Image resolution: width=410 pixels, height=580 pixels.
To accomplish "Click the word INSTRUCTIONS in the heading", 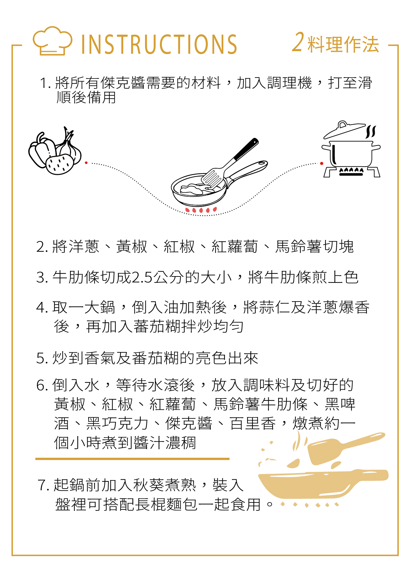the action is (159, 44).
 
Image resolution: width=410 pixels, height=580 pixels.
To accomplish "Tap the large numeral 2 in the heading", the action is (298, 42).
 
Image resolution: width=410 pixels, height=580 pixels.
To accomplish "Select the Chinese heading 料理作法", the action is (343, 44).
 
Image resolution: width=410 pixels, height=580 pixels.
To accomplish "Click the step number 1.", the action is (44, 83).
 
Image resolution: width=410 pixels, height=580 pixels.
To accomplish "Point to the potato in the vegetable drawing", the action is (60, 164).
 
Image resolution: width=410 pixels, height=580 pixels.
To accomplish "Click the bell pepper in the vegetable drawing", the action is (41, 150).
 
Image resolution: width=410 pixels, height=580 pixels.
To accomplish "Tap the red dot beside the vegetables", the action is (86, 163).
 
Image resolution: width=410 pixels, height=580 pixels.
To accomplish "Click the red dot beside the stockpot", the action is (321, 163).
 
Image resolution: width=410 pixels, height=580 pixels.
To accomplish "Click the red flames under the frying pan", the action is (201, 209).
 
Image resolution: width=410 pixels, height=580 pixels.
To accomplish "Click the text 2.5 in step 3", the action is (142, 277).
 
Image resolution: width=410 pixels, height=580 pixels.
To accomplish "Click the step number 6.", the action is (42, 385).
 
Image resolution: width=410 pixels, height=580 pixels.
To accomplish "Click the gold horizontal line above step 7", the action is (132, 459).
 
